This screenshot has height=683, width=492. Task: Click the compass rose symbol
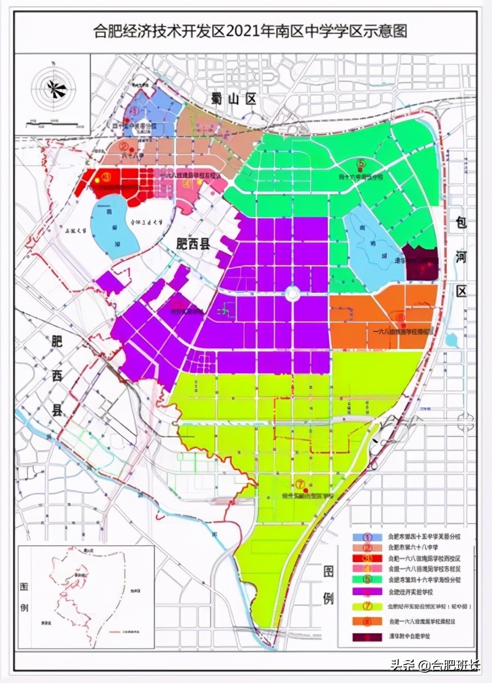[55, 88]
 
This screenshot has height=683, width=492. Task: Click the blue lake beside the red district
[116, 224]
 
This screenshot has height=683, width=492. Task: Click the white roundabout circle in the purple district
[292, 295]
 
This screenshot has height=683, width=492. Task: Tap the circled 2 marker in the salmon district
[124, 146]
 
